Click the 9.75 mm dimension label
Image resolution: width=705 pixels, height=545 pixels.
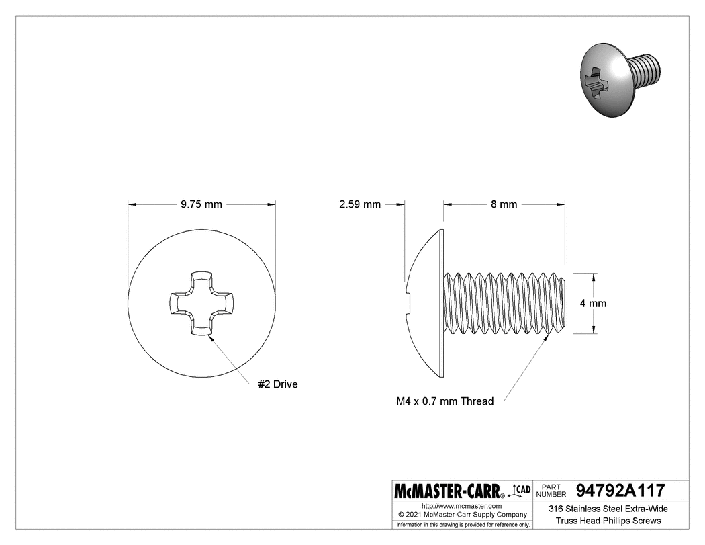coord(201,204)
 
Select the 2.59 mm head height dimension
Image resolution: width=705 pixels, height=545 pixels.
coord(360,204)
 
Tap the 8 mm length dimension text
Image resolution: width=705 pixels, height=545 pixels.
coord(504,204)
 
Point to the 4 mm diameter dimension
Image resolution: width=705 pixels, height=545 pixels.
coord(593,303)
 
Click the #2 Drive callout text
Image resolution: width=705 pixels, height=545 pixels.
coord(277,384)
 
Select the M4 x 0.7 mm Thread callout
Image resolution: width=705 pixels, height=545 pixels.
coord(444,401)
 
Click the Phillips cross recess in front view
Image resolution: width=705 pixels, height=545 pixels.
coord(201,303)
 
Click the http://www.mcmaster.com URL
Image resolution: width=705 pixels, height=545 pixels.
coord(461,505)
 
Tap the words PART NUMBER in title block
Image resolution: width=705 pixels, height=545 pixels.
coord(554,490)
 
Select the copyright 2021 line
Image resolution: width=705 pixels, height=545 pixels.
coord(461,514)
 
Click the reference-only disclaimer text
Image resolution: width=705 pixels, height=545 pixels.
coord(463,524)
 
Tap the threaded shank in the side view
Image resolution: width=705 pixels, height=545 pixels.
coord(504,303)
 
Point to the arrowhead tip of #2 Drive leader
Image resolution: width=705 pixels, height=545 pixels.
coord(209,337)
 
